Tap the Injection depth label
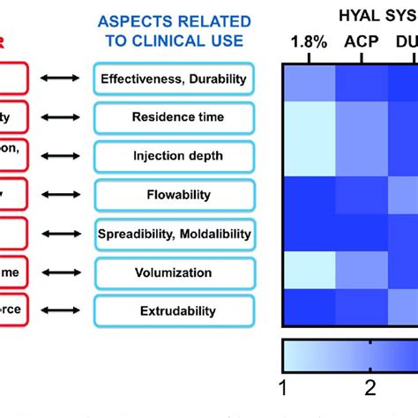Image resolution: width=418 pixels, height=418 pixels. pos(173,156)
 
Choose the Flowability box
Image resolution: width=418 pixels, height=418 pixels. pos(173,195)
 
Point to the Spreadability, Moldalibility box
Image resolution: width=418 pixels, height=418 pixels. pos(173,234)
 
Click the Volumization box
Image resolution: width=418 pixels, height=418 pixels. pos(173,272)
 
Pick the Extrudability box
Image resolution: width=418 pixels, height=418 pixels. pos(173,310)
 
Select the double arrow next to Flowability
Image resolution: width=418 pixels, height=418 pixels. pos(62,195)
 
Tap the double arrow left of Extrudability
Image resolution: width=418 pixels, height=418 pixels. pos(62,310)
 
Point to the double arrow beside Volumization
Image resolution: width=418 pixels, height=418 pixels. pos(62,272)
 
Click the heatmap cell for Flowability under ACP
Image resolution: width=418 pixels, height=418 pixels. pos(363,196)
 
